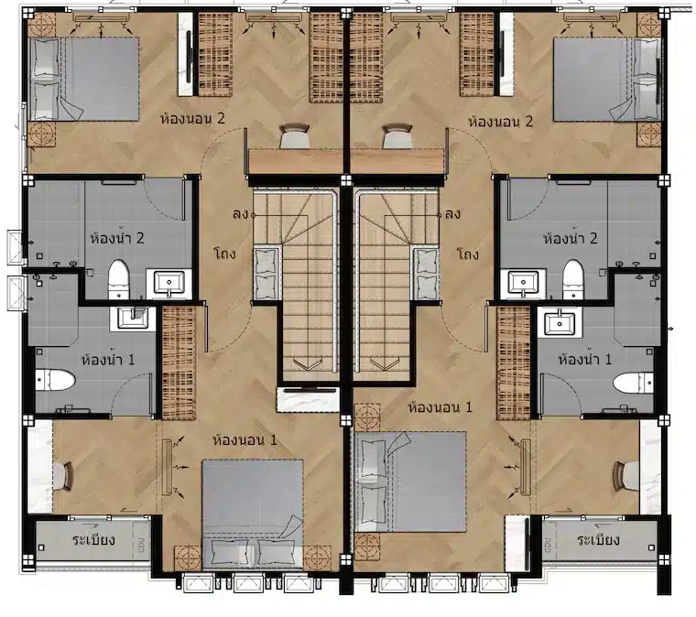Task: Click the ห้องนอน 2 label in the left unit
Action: (192, 118)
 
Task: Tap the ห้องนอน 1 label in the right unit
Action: (440, 406)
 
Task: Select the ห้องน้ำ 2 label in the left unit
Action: (117, 237)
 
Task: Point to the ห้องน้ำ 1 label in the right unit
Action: (584, 359)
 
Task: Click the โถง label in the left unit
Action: (224, 254)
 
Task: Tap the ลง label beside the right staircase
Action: (452, 215)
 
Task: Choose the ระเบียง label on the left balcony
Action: (94, 540)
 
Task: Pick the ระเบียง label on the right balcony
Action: (598, 540)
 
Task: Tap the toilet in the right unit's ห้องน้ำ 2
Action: (572, 280)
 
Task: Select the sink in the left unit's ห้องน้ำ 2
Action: (169, 283)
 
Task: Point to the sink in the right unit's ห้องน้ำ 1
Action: (560, 323)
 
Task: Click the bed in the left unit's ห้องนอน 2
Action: (84, 79)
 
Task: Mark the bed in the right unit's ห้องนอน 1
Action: (410, 482)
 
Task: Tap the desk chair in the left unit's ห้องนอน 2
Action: (294, 136)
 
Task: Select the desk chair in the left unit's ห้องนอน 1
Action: (64, 476)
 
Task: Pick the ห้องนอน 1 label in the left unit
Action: (245, 440)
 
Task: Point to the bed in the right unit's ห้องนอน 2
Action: (607, 79)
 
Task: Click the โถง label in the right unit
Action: (467, 254)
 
